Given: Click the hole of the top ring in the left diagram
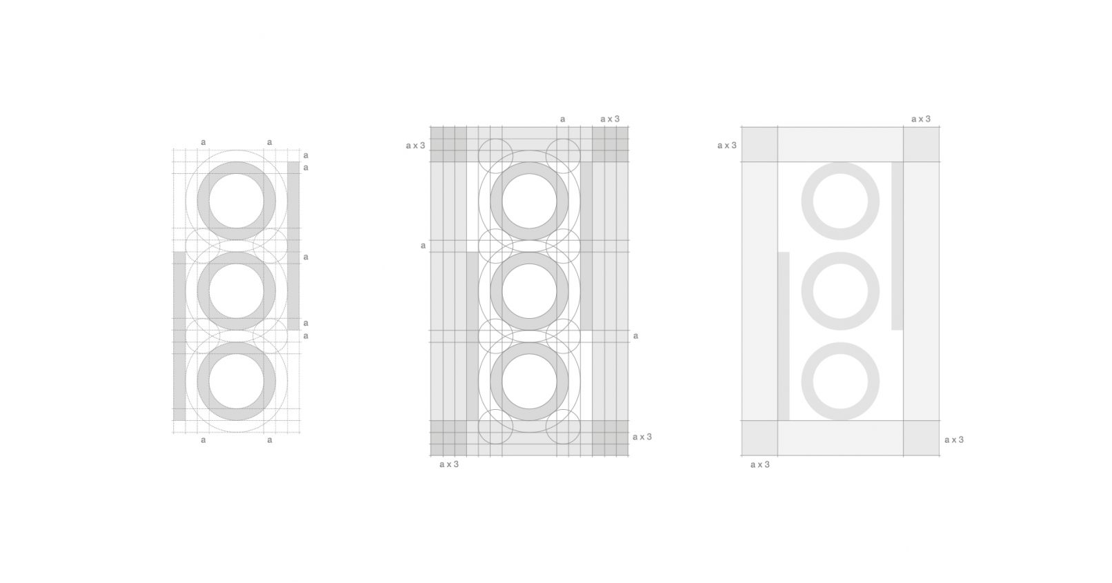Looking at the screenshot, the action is (237, 201).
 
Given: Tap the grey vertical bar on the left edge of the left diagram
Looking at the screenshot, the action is (179, 336).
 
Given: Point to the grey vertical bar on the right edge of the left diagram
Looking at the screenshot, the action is (293, 246).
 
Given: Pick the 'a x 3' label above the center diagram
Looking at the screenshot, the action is (610, 119).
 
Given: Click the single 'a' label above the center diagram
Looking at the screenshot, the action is (562, 119).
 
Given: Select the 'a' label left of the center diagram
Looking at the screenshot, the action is (423, 246).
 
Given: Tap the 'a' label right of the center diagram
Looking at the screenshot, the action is (635, 336).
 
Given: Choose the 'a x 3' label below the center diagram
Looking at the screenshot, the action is (449, 464).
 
